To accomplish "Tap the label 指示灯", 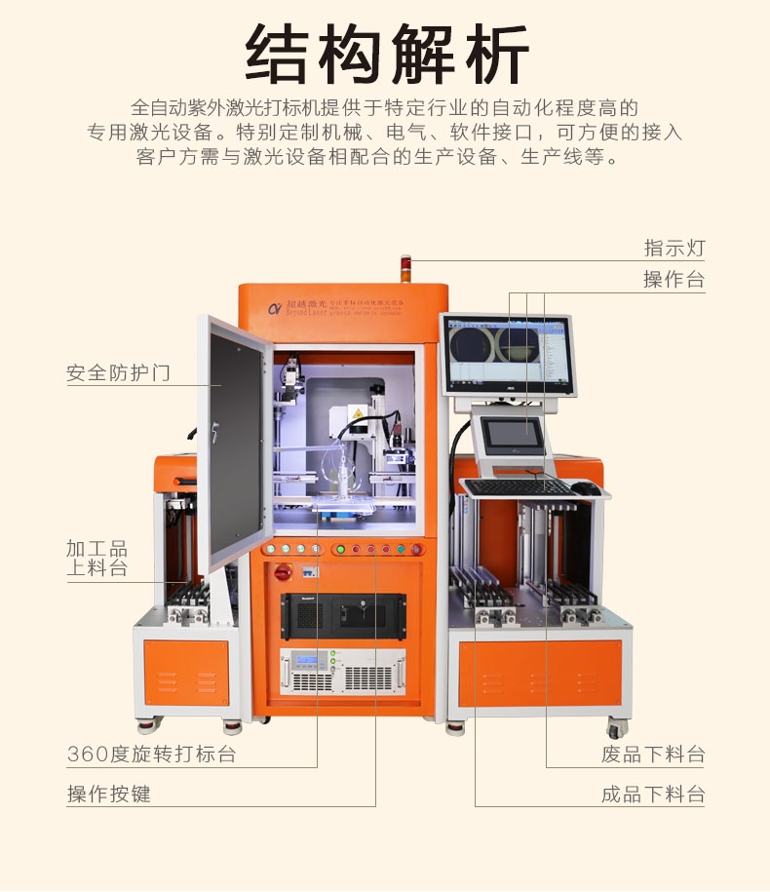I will pyautogui.click(x=674, y=248).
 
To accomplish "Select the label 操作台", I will pyautogui.click(x=674, y=280).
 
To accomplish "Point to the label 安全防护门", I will pyautogui.click(x=118, y=372).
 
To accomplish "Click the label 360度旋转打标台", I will pyautogui.click(x=151, y=754).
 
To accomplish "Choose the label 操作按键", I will pyautogui.click(x=109, y=794).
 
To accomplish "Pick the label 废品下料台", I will pyautogui.click(x=653, y=754).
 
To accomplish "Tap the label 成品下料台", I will pyautogui.click(x=653, y=794).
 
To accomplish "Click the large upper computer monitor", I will pyautogui.click(x=508, y=354).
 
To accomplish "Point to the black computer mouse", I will pyautogui.click(x=583, y=486).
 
